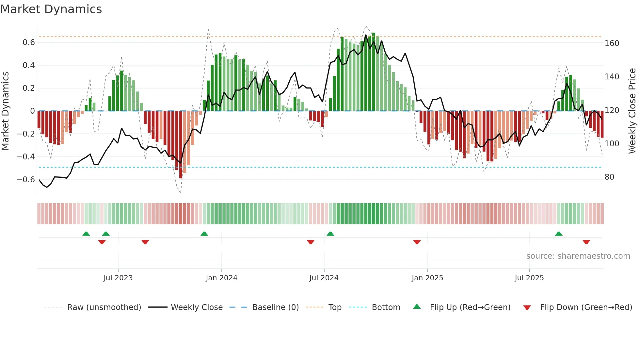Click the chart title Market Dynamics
click(51, 9)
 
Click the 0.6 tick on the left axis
click(29, 42)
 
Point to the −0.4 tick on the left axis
click(26, 157)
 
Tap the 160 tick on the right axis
click(612, 43)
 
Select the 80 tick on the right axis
click(609, 177)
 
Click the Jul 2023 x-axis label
click(118, 278)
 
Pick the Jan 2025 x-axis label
click(427, 278)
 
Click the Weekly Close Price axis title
click(632, 111)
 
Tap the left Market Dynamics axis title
click(5, 111)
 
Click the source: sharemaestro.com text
click(578, 256)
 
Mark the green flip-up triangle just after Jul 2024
click(330, 234)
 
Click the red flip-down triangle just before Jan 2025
click(417, 242)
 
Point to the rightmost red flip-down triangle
click(586, 242)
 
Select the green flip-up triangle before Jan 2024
click(204, 234)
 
